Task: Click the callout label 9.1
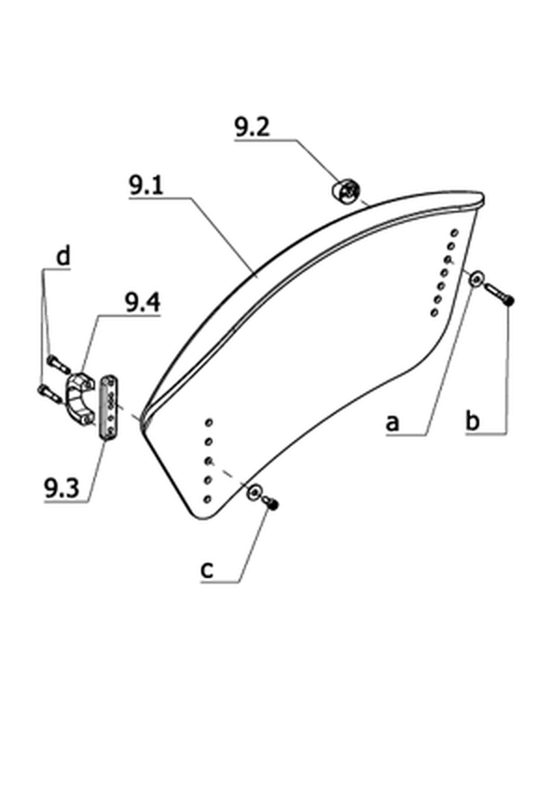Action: pos(146,186)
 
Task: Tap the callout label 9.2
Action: pos(253,127)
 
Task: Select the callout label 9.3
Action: pos(62,488)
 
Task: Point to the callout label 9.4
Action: pos(143,303)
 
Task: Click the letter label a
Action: pos(392,423)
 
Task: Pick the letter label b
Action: pos(473,420)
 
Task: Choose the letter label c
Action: pos(207,570)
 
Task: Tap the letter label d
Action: pos(62,255)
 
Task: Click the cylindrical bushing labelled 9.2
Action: pos(346,191)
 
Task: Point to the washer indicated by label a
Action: pos(476,278)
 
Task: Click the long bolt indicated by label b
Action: pos(499,295)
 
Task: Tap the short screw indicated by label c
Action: pos(270,503)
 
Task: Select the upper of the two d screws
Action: pos(58,364)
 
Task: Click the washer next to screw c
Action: pos(254,492)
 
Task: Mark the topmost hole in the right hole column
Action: pos(454,233)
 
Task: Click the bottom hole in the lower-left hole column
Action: pos(207,499)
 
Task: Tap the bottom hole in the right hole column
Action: pos(433,313)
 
